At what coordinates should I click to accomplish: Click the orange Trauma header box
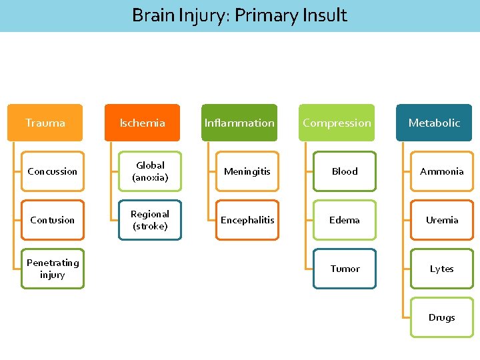pos(45,123)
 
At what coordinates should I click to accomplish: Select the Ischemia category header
pos(142,123)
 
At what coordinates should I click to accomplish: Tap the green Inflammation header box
pos(239,123)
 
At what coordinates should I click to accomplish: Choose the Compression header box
pos(337,123)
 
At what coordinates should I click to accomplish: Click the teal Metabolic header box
pos(434,123)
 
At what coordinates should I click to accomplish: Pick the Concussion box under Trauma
pos(53,171)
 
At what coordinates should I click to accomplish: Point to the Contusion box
pos(53,220)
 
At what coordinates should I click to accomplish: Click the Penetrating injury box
pos(53,269)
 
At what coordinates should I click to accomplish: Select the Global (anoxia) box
pos(150,171)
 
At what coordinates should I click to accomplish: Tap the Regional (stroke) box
pos(150,220)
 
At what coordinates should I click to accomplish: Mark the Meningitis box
pos(247,171)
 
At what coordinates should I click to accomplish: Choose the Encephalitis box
pos(247,220)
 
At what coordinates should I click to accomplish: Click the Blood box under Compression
pos(345,171)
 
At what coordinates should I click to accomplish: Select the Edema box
pos(345,220)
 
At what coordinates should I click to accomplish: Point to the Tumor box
pos(345,269)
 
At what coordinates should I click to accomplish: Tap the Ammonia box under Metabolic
pos(442,171)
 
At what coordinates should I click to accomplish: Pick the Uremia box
pos(442,220)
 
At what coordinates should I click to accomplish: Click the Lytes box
pos(442,269)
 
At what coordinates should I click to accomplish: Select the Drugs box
pos(442,317)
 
